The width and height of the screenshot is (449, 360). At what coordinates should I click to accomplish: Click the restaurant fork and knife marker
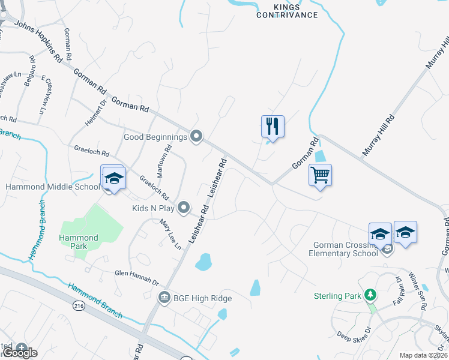(x=273, y=127)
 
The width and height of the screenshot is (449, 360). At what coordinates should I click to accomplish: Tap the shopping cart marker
(x=321, y=175)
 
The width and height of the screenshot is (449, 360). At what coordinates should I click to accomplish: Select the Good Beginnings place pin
(x=196, y=137)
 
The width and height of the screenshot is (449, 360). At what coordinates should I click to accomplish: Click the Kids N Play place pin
(x=184, y=208)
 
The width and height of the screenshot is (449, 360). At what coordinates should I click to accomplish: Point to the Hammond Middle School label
(x=52, y=187)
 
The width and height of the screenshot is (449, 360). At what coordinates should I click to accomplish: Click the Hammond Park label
(x=78, y=242)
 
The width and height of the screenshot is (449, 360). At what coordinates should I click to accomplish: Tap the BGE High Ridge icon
(x=164, y=298)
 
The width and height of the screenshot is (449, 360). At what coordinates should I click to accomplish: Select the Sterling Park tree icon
(x=371, y=295)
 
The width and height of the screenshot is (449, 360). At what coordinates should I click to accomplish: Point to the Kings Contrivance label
(x=287, y=11)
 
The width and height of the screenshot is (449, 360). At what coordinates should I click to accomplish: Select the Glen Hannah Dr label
(x=136, y=277)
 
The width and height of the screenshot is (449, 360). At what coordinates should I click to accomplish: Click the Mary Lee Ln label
(x=170, y=234)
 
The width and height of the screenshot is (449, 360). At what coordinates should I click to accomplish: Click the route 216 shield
(x=78, y=305)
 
